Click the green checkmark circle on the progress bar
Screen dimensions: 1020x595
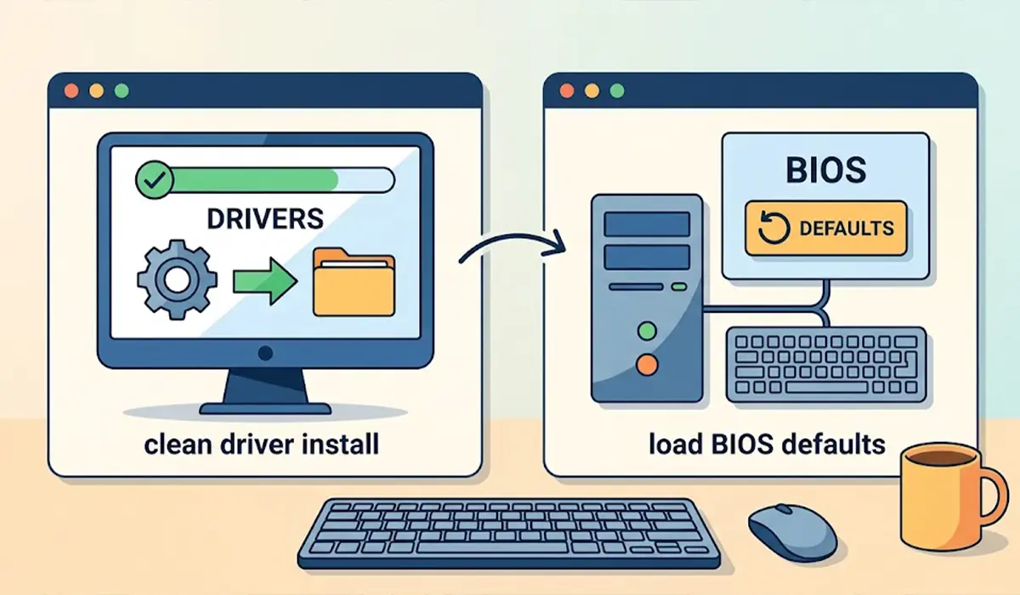click(155, 180)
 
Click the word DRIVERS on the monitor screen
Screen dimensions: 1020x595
click(265, 219)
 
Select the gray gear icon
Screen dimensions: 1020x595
click(177, 280)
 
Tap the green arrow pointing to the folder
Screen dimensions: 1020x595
click(265, 280)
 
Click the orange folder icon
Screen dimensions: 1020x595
click(354, 282)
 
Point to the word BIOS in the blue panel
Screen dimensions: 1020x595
click(826, 170)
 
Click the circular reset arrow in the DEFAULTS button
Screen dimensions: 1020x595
click(773, 228)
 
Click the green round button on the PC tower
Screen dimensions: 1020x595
click(647, 331)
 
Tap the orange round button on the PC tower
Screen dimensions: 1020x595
click(647, 365)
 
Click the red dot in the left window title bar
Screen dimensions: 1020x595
click(71, 91)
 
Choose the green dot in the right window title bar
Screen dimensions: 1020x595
click(617, 91)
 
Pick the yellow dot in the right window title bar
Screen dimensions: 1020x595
click(592, 91)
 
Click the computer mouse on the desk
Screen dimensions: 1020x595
click(792, 532)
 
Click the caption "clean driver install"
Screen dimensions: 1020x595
click(262, 445)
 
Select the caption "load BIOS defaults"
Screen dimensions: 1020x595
click(768, 445)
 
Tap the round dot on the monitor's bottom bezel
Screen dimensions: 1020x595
click(265, 353)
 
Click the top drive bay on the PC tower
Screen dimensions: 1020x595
click(647, 224)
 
